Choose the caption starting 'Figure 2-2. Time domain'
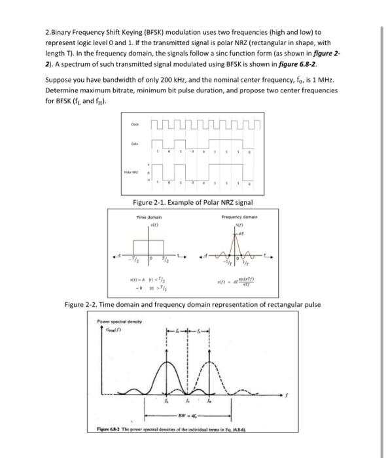point(192,305)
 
